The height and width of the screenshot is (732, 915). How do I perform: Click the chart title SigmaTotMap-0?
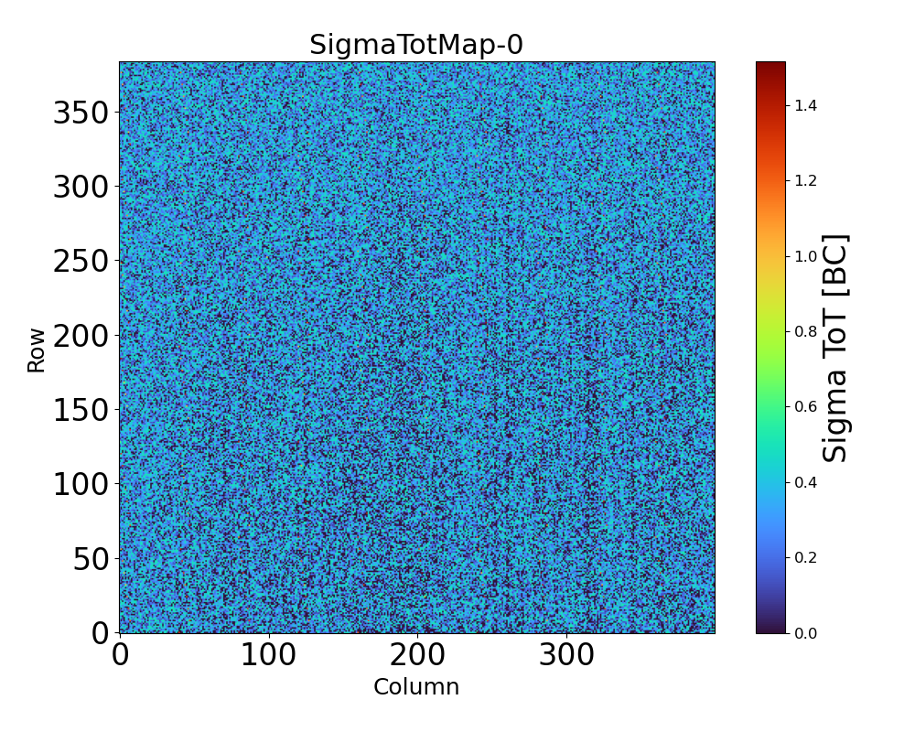coord(416,45)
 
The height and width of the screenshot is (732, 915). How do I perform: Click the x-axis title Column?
coord(416,687)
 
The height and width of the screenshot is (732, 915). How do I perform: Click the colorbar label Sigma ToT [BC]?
coord(835,348)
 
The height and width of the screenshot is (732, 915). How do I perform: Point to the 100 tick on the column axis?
coord(268,655)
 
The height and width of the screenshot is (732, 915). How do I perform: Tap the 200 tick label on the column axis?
coord(417,655)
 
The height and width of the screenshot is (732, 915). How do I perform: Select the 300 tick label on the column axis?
coord(566,655)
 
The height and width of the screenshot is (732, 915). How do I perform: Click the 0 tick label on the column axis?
coord(120,655)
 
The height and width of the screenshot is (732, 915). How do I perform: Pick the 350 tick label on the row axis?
coord(81,113)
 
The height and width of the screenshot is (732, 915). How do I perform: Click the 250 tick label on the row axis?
coord(81,262)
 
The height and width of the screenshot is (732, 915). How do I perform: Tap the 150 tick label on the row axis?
coord(81,410)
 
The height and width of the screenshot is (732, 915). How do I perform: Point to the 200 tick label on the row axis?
coord(81,336)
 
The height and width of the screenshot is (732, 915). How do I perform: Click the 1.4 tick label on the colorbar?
coord(805,106)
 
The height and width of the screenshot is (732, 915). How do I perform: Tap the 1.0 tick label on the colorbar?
coord(805,256)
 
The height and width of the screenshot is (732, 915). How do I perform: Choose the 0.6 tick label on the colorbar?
coord(805,406)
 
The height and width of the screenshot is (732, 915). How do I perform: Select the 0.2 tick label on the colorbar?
coord(805,557)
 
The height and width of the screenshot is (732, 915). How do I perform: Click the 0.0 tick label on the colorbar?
coord(805,632)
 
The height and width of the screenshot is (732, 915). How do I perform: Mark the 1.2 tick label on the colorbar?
coord(805,181)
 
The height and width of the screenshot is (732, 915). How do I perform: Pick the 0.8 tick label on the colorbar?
coord(805,331)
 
